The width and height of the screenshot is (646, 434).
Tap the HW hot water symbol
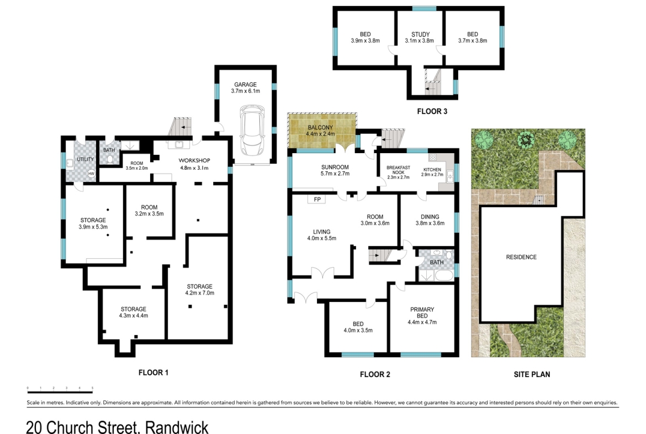(91, 174)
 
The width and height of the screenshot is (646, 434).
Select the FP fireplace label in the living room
(317, 199)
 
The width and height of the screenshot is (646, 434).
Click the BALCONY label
(320, 128)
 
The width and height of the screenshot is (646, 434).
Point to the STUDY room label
(420, 34)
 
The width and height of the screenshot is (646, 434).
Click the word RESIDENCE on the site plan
(521, 257)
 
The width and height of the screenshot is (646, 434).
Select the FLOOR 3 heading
(432, 111)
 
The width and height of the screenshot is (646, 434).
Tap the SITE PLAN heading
(532, 374)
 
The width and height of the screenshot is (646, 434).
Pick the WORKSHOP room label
(194, 160)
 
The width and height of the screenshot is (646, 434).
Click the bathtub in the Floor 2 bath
(443, 275)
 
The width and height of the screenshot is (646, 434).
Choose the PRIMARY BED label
(422, 312)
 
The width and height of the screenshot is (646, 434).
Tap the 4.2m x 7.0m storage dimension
(199, 293)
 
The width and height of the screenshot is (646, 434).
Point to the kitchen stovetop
(432, 157)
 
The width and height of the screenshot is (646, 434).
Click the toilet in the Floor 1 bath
(109, 160)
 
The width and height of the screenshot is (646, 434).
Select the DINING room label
(430, 217)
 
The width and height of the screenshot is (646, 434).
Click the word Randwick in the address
(177, 428)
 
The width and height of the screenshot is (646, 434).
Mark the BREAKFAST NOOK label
(398, 170)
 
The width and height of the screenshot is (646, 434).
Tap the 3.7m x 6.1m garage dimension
(245, 91)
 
